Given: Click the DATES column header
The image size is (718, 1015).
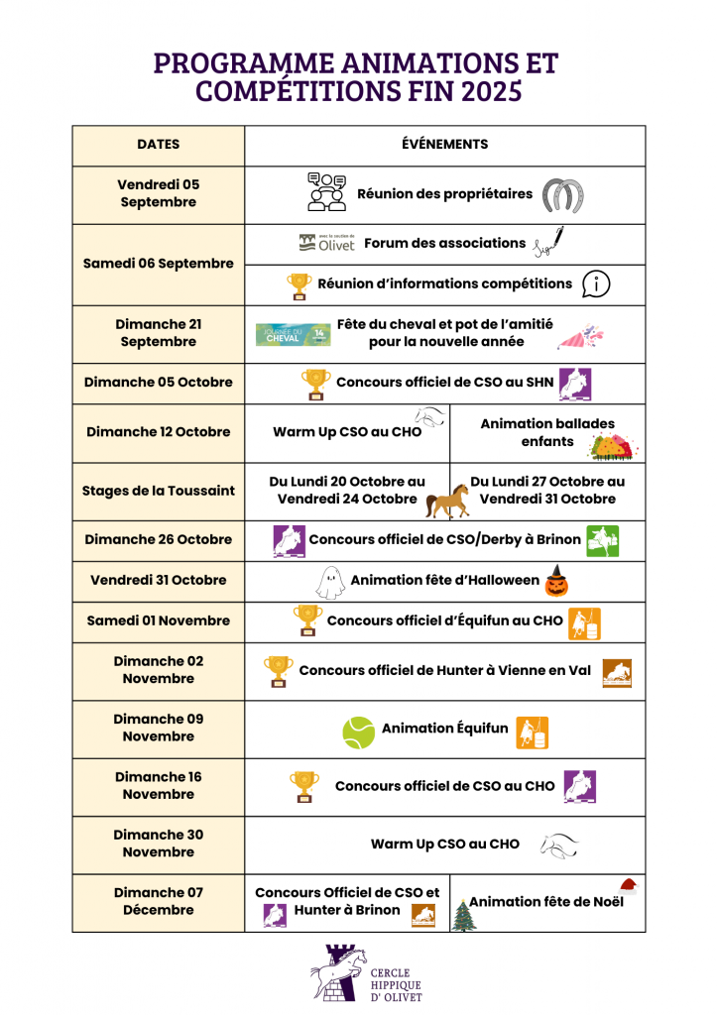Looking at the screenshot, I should coord(158,145).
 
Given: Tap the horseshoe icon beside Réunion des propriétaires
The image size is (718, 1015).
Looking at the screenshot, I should coord(563,194).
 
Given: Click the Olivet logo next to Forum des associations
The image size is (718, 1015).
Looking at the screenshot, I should coord(326,243).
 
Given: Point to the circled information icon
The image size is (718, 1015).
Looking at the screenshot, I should coord(596,284).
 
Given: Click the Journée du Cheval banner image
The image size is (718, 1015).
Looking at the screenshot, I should coord(293,334).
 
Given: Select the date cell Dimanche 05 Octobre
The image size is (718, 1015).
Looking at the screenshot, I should coord(158,383).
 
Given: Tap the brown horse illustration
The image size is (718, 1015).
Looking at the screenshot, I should coord(447,501).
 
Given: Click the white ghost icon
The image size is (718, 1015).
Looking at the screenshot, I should coord(330,582).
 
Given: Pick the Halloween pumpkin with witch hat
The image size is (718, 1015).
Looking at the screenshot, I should coord(557,581).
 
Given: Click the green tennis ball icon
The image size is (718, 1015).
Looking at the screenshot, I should coord(357,733).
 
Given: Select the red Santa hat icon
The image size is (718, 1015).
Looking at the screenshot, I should coord(627,885).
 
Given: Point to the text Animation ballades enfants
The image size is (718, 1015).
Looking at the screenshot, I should coord(547,432).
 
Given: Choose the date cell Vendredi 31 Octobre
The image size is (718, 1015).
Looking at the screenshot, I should coord(158,580).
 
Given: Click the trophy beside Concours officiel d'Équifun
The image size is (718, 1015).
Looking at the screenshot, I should coord(308,620).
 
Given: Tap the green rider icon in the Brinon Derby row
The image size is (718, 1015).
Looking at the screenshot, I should coord(602,540).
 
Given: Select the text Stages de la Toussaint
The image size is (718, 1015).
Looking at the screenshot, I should coord(158,491).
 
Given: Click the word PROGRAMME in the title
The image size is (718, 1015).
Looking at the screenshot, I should coord(236,64).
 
